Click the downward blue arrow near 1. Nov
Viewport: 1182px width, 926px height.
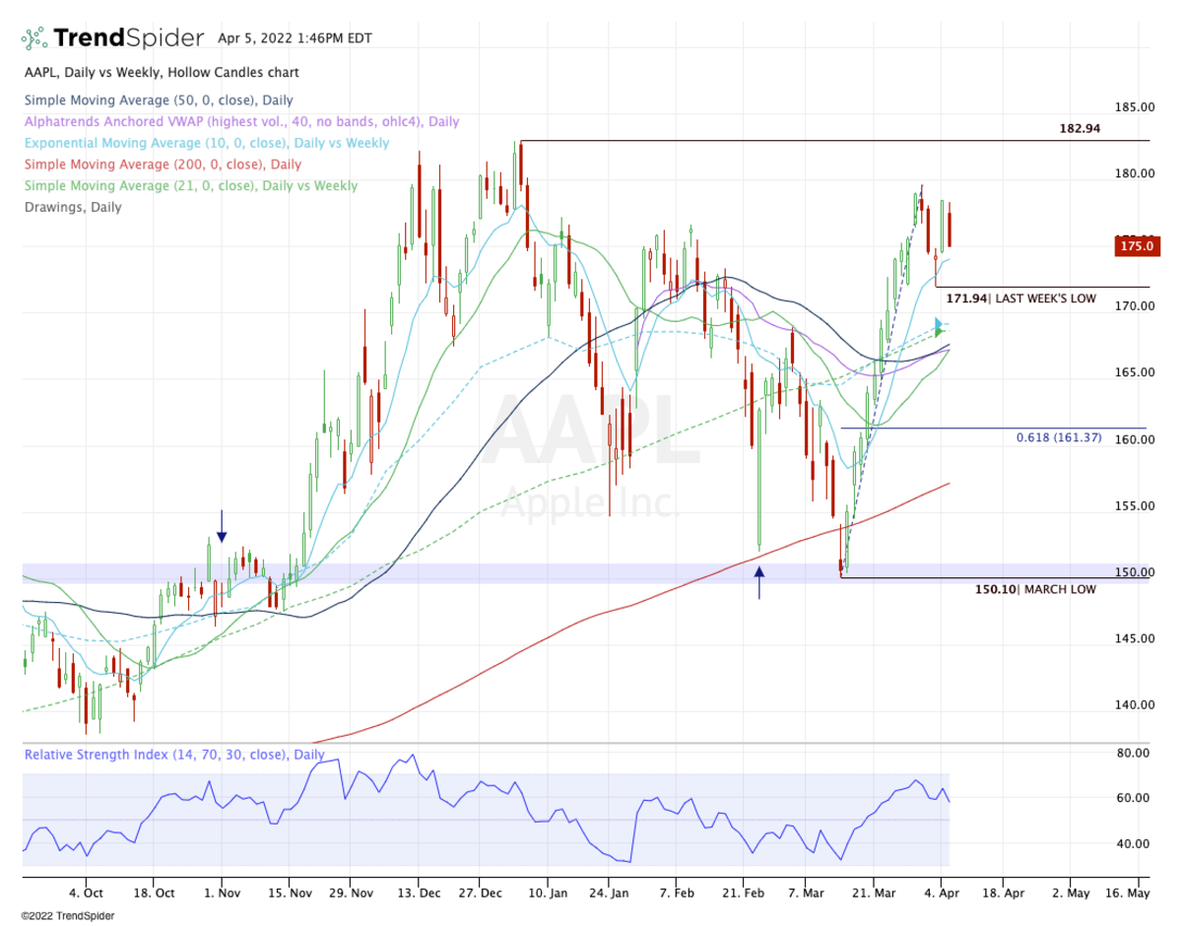click(x=222, y=526)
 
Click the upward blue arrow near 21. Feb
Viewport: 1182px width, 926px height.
click(x=758, y=582)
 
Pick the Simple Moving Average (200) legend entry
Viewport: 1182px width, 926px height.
click(x=163, y=165)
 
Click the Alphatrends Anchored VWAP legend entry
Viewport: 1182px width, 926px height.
click(x=241, y=121)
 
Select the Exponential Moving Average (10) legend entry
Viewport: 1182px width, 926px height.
click(x=206, y=143)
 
